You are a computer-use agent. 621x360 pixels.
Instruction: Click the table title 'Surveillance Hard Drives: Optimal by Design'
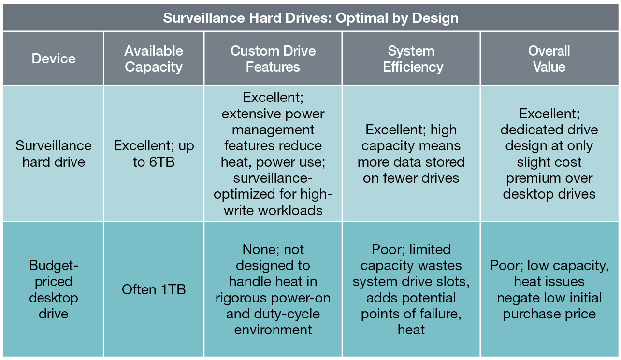click(310, 18)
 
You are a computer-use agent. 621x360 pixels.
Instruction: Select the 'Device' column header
click(54, 58)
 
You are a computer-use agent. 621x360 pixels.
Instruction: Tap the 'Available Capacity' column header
click(154, 59)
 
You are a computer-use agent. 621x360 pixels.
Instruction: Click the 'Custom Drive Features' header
click(273, 59)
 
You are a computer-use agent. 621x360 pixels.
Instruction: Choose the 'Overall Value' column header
click(549, 59)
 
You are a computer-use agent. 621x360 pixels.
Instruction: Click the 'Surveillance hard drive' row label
click(54, 154)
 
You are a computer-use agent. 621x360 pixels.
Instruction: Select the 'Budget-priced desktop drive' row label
click(54, 289)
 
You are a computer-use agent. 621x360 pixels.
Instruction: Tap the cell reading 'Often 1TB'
click(154, 289)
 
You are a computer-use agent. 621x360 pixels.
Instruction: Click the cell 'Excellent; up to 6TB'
click(154, 154)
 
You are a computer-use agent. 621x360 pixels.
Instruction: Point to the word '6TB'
click(162, 162)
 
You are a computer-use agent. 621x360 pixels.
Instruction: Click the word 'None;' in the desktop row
click(259, 249)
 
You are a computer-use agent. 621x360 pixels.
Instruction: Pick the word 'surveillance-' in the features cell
click(273, 178)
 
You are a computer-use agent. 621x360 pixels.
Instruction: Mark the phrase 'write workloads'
click(273, 211)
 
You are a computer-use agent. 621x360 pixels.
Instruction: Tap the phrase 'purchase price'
click(549, 314)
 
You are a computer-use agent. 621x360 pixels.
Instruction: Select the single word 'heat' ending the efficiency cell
click(411, 330)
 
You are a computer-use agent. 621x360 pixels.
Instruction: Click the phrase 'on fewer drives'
click(411, 178)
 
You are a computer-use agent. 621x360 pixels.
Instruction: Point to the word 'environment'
click(273, 330)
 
